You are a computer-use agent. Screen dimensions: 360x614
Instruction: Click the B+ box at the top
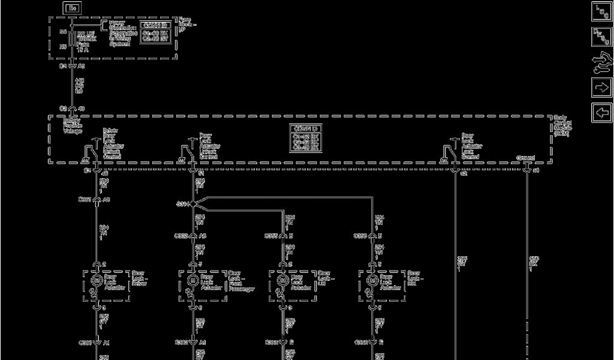[73, 8]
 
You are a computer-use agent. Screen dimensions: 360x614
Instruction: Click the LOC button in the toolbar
[601, 11]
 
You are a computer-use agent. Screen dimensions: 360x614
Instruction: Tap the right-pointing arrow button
[601, 87]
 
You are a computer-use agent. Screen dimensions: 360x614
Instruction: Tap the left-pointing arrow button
[601, 112]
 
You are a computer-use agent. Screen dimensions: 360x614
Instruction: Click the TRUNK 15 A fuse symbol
[72, 40]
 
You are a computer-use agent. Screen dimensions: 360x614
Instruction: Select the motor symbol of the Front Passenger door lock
[192, 280]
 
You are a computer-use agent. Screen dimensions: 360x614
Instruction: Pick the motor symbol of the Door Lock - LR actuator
[282, 280]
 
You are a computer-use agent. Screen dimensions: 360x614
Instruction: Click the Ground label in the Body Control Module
[525, 158]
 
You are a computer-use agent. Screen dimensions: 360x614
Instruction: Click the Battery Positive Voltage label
[73, 125]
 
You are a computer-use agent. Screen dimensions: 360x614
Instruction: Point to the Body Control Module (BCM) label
[563, 126]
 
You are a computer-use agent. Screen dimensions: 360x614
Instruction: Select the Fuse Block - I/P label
[187, 25]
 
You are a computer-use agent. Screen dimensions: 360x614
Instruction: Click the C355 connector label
[272, 236]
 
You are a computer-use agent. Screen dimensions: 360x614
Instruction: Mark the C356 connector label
[360, 236]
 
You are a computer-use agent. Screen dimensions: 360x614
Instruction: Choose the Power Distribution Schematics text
[122, 33]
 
